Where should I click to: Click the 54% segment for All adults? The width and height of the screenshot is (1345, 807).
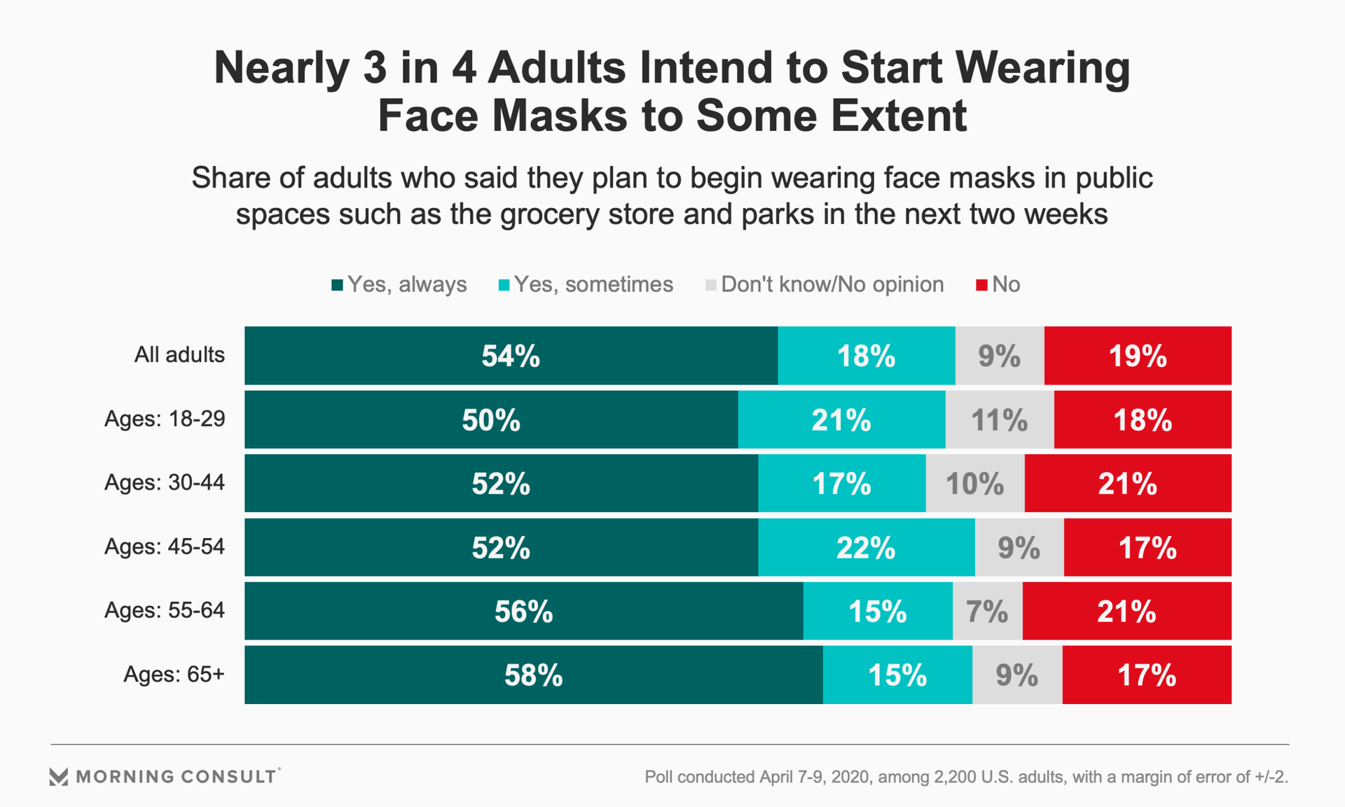pos(511,356)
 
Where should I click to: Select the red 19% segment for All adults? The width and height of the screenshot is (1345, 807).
pos(1138,356)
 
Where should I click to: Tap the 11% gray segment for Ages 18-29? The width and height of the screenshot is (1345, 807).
pos(1000,420)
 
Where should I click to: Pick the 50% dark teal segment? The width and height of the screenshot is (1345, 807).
pos(491,420)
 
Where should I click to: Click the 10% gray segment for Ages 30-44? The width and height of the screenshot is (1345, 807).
pos(975,484)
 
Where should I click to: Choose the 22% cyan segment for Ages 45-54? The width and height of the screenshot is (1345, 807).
pos(866,548)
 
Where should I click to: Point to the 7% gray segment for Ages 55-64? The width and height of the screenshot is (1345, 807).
pos(987,612)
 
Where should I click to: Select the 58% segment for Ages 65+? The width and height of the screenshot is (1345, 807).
pos(533,675)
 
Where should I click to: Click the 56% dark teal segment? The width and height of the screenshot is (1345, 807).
pos(523,612)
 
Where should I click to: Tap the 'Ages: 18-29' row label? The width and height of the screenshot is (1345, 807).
pos(165,419)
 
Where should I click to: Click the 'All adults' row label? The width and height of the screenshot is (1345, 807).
pos(179,354)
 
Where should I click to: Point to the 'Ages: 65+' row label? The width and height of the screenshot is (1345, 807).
pos(174,674)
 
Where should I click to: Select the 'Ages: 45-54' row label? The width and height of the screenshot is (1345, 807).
pos(165,546)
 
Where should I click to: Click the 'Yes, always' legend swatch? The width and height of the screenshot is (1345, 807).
pos(338,285)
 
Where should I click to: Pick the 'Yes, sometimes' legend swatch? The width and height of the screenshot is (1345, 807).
pos(504,285)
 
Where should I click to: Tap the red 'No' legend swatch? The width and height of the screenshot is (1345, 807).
pos(981,285)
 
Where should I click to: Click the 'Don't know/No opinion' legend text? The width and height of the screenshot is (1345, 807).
pos(832,284)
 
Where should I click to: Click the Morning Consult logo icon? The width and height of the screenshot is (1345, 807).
pos(59,776)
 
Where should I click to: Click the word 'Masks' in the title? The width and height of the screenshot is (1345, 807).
pos(560,116)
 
